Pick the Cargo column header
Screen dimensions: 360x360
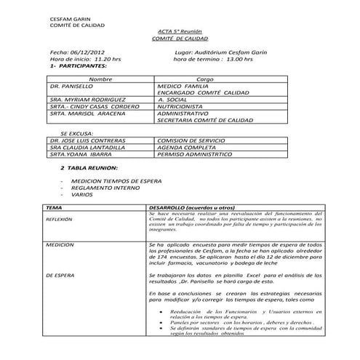coord(205,79)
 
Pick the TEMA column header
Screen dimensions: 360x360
coord(52,207)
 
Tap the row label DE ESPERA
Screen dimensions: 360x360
coord(58,276)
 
